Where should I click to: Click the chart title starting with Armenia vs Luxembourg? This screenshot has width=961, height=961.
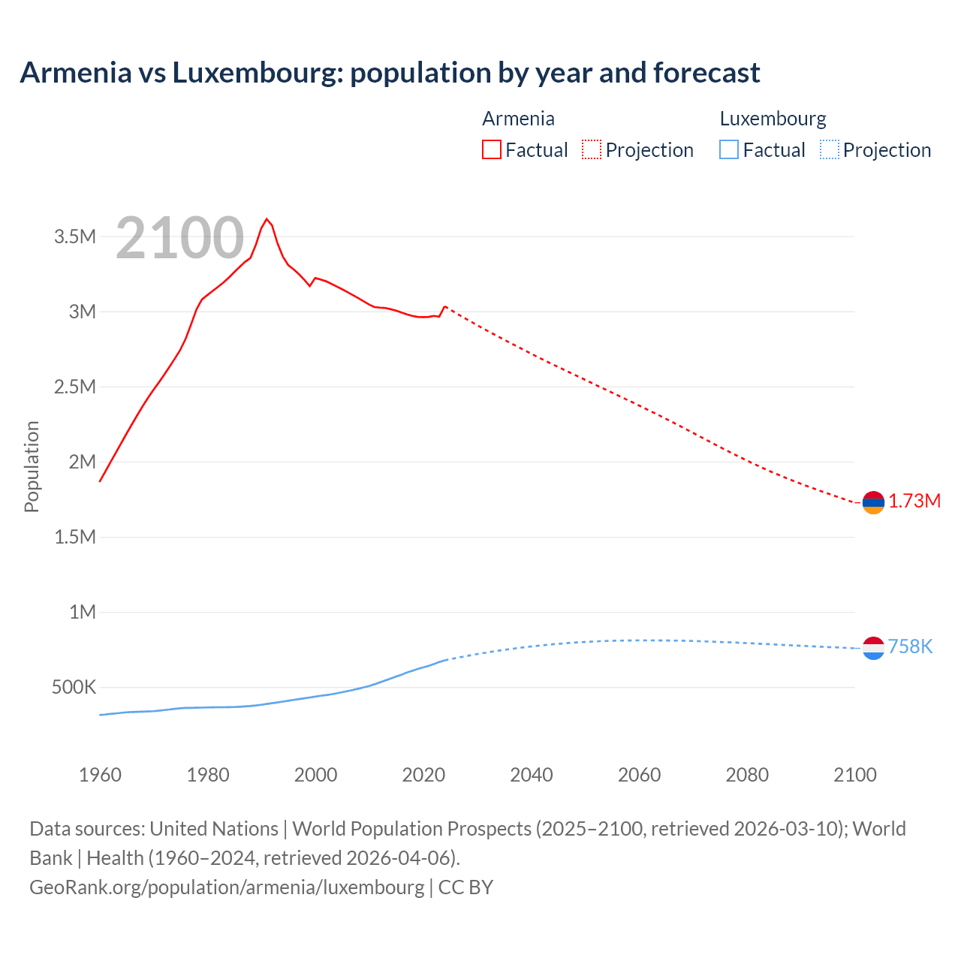390,73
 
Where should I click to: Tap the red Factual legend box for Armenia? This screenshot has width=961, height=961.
492,149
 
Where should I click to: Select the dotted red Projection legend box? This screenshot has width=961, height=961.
592,149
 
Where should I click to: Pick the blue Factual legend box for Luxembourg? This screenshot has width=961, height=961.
729,149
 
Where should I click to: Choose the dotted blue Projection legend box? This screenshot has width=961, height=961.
830,149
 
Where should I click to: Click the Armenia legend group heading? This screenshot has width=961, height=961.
518,119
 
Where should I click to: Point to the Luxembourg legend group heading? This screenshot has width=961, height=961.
773,119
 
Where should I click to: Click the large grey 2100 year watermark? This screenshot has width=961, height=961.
180,238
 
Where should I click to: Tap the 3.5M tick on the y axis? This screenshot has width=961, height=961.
75,237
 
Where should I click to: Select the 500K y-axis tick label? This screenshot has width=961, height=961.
74,688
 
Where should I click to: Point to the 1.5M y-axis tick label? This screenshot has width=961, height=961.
75,538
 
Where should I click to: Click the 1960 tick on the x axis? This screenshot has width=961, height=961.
100,775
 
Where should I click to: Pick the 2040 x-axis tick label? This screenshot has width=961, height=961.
532,775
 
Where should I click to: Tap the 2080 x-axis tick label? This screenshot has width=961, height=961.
747,775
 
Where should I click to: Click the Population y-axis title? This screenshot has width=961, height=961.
32,466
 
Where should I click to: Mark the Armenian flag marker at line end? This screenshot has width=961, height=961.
873,502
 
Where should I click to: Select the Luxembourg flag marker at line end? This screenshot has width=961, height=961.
873,647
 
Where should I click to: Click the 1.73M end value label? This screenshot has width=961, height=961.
914,502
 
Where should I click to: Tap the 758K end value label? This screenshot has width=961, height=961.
910,646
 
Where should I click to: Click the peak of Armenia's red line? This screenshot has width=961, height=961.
267,219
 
